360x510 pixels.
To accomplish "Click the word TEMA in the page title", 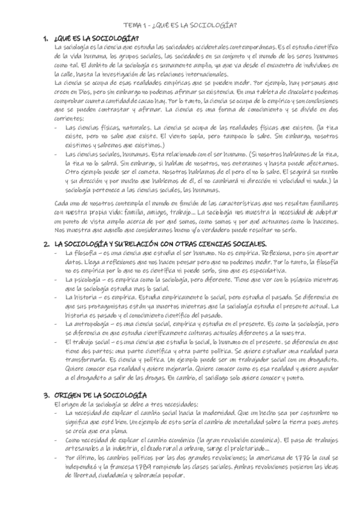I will (131, 25).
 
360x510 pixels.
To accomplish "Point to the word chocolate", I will (290, 91).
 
